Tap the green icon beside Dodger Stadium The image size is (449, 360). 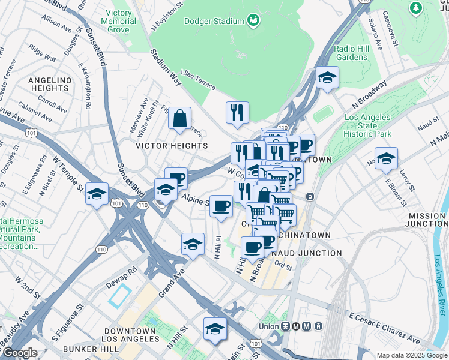254,21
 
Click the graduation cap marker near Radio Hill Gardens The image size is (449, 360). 327,78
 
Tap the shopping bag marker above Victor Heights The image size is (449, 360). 179,118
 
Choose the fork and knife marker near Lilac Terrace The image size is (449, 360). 237,112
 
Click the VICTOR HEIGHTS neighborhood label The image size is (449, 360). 172,146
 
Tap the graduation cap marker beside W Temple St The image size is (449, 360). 97,194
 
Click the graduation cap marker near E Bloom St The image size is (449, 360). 386,159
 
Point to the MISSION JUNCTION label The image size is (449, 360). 427,220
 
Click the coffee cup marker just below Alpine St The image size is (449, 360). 221,206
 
